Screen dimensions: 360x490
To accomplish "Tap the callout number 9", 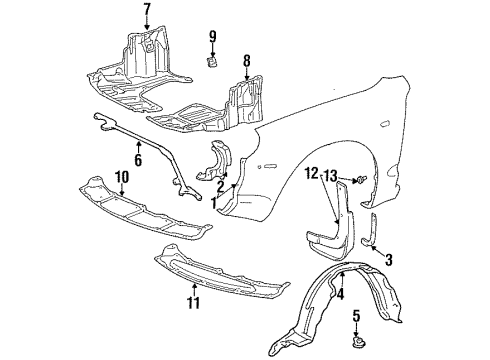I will [x=212, y=38].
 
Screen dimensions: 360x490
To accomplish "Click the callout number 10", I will [x=121, y=177].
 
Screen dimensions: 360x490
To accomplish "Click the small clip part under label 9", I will [x=212, y=62].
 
